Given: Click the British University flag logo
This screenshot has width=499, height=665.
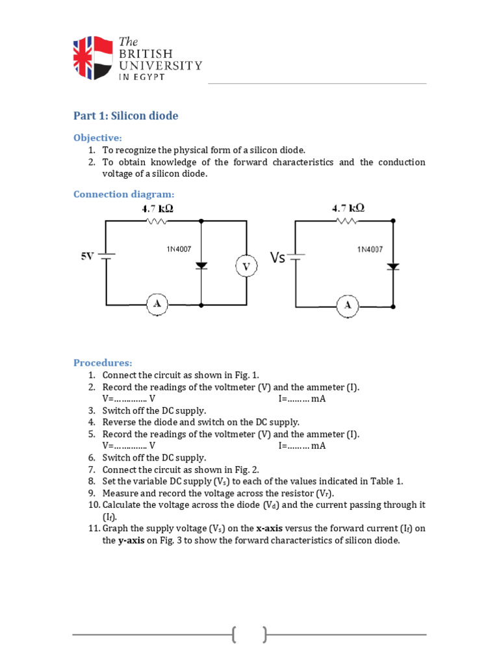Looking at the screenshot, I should click(93, 58).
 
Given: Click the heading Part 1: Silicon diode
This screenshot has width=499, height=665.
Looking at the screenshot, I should click(125, 116).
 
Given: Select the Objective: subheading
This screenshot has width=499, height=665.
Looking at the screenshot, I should click(97, 138).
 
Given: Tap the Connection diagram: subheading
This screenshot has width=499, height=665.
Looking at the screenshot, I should click(123, 194).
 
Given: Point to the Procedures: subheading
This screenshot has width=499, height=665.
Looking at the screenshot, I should click(103, 362).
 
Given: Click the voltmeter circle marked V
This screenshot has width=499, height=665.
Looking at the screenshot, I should click(246, 266).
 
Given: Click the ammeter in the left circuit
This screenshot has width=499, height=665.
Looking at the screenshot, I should click(157, 304).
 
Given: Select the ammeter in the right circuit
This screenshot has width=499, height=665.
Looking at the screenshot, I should click(348, 305).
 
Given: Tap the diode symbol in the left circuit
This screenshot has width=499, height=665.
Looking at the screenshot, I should click(201, 265).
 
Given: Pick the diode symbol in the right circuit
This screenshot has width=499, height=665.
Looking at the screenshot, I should click(392, 266).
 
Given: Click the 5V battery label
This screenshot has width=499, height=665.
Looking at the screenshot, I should click(87, 257).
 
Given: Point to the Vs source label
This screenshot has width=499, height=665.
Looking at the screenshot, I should click(277, 258).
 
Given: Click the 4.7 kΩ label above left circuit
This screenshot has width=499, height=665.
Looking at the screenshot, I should click(157, 209).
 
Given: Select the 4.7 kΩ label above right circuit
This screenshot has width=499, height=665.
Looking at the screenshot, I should click(348, 208).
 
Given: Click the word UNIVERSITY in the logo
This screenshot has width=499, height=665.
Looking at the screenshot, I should click(160, 65).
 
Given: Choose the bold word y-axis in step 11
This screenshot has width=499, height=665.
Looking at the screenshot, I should click(131, 540).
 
